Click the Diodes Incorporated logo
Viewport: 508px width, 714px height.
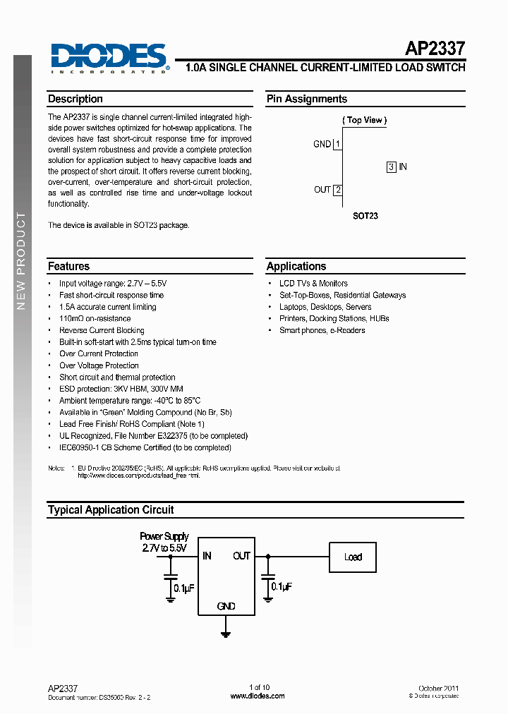109,57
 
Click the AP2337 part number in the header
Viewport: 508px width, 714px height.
435,49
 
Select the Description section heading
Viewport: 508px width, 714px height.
75,99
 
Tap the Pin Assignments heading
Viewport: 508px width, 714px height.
307,99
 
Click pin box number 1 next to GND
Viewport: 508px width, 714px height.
338,145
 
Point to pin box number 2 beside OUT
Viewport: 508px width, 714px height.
338,190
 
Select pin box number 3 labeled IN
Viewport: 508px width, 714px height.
391,167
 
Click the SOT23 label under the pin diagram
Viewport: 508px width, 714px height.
365,216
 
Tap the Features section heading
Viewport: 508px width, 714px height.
69,267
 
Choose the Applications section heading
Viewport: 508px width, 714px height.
296,267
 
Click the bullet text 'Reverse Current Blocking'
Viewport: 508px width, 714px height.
102,330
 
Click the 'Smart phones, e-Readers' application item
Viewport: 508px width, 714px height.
322,330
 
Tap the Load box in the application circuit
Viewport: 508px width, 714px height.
353,557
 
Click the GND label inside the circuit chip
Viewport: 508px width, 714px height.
226,606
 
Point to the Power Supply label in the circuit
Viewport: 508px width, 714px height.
164,537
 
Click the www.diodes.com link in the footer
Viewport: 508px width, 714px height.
258,696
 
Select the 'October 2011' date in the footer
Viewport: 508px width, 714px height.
439,688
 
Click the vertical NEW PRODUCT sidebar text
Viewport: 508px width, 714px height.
21,261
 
